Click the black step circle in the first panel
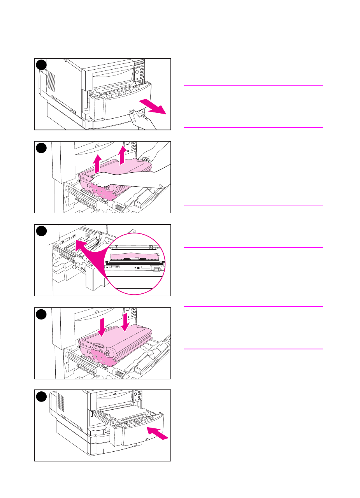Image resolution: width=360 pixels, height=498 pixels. pos(41,65)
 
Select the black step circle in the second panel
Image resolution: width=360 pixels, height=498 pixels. pos(41,148)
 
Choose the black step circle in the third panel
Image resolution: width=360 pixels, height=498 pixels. pos(41,231)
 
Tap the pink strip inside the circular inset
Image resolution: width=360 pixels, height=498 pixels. pos(137,256)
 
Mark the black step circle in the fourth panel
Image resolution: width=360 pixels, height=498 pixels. pos(41,314)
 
